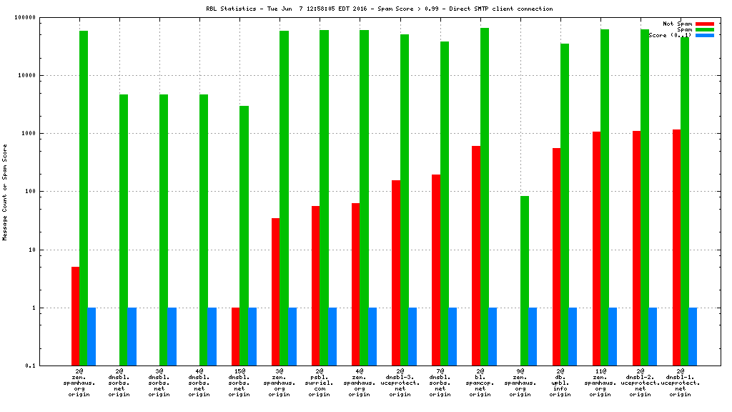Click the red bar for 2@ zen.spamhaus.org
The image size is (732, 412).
(x=75, y=316)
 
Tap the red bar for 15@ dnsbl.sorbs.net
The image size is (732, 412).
(x=236, y=336)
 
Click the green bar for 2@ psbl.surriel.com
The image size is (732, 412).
(x=324, y=197)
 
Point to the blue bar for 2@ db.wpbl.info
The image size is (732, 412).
(x=573, y=336)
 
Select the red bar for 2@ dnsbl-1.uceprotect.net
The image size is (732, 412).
(x=676, y=247)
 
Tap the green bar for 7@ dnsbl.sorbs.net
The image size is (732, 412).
(x=445, y=203)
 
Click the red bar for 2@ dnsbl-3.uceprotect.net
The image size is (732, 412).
(x=396, y=273)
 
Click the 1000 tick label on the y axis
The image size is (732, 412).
(x=48, y=134)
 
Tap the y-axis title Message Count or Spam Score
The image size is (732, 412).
(x=5, y=192)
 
